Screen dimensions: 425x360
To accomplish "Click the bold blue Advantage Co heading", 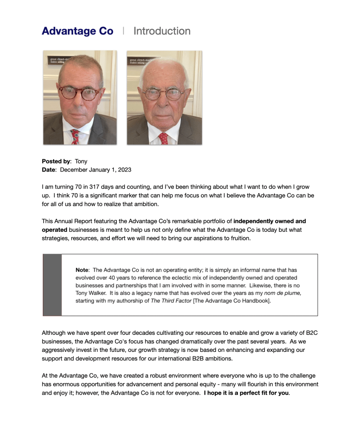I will pos(77,31).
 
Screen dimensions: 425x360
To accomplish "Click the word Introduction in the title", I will pos(162,31).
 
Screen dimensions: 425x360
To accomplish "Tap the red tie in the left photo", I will pos(75,136).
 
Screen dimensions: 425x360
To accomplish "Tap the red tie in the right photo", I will pos(163,138).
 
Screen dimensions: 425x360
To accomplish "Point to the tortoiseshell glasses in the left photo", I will pos(79,93).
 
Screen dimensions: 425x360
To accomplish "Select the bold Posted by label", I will pos(56,161).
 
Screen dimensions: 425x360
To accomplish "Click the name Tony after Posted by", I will pos(81,161).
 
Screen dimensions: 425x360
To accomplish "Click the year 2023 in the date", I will pos(123,170).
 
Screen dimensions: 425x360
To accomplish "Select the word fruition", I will pos(238,238).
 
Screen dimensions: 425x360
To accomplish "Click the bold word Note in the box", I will pos(82,270).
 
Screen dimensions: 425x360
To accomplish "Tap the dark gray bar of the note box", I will pos(52,285).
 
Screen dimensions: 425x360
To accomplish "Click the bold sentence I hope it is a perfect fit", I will pos(246,393).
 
